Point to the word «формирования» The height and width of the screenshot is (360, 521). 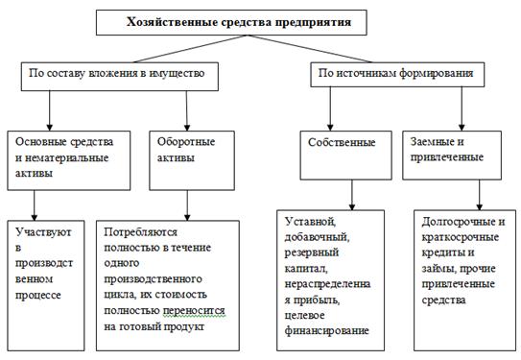[x=436, y=73]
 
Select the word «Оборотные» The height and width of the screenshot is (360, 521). [x=186, y=142]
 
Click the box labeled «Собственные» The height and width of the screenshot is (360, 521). [x=345, y=156]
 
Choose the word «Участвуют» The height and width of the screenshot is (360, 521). [x=43, y=232]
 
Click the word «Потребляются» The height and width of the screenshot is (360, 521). [x=140, y=231]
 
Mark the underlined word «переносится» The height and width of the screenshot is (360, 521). [x=194, y=311]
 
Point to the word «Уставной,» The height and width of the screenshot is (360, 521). [x=310, y=222]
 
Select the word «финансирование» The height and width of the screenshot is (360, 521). [x=327, y=331]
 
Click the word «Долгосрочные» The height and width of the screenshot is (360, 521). [x=460, y=222]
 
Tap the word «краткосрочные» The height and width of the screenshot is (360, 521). [x=461, y=237]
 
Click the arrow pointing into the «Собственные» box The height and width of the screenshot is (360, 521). [x=330, y=108]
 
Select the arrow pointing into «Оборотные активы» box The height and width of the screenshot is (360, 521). [x=187, y=110]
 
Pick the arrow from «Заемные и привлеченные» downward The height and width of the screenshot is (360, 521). [x=479, y=195]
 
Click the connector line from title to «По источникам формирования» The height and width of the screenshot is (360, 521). [x=310, y=49]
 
